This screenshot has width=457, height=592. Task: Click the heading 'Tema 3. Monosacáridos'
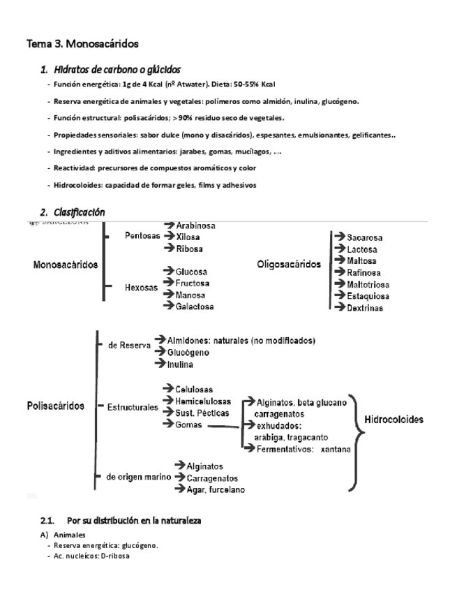82,44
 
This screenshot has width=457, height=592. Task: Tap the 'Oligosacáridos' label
289,265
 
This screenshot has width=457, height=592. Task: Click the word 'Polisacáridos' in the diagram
55,406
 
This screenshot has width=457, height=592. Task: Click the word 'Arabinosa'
195,226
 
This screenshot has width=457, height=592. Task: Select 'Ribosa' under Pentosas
191,248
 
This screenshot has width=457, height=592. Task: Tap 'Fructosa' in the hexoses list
193,283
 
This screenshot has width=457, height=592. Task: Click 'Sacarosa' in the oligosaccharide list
364,237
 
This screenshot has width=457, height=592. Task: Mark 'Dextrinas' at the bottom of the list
365,308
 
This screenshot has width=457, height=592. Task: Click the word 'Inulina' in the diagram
181,364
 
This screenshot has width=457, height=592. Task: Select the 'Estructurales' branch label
133,408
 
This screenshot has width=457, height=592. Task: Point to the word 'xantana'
336,449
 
